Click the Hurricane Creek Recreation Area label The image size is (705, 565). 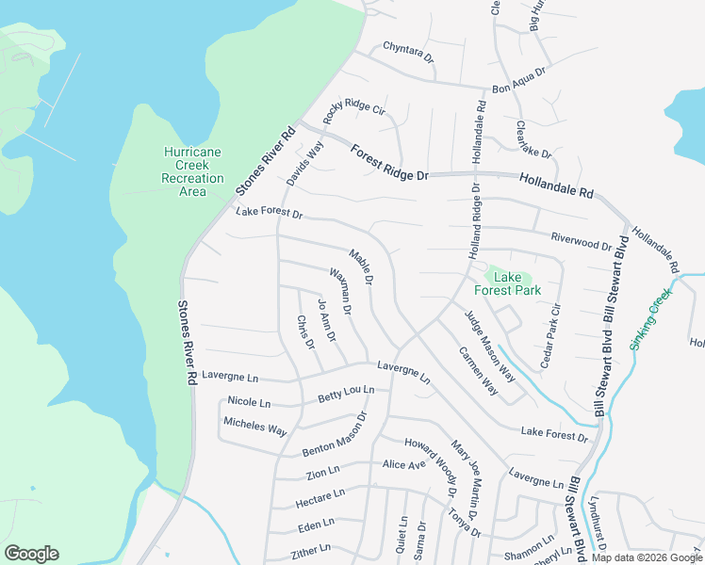[x=192, y=171]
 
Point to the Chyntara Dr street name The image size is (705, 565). [x=408, y=52]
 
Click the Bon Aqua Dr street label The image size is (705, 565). [x=519, y=80]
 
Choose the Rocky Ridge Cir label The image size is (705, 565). [x=354, y=121]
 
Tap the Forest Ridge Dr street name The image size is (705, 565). [x=389, y=163]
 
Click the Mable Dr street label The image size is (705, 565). [x=361, y=267]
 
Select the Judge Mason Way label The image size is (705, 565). [x=489, y=346]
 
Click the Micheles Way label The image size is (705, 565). [x=254, y=427]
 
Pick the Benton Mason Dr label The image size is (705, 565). [x=335, y=435]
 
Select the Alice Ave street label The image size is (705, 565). [x=404, y=464]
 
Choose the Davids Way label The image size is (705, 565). [x=305, y=162]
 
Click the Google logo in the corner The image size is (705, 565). [x=31, y=554]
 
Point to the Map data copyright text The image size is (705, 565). [x=646, y=557]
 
